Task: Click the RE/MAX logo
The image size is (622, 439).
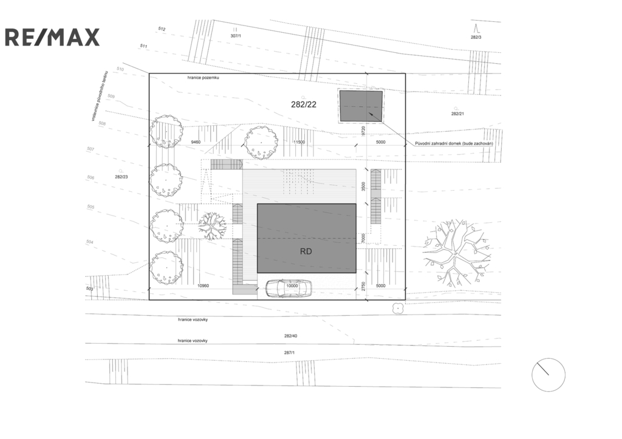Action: [x=52, y=37]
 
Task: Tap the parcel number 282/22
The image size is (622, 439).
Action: [x=304, y=104]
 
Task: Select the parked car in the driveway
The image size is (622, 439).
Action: [x=289, y=288]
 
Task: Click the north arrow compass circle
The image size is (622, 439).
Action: [x=548, y=375]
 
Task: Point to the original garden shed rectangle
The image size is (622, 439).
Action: [x=361, y=106]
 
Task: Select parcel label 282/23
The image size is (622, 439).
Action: [x=121, y=177]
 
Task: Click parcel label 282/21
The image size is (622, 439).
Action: [x=457, y=114]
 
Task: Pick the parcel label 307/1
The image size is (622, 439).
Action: [x=236, y=36]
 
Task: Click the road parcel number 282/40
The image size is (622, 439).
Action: [x=290, y=336]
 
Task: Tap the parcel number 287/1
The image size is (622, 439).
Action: [x=289, y=353]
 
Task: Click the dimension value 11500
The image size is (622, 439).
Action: [x=298, y=142]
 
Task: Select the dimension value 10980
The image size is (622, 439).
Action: [x=203, y=285]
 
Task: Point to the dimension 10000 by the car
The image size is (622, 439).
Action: [x=292, y=285]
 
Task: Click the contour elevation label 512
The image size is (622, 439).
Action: [x=162, y=29]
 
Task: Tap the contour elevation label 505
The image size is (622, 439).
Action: [x=91, y=207]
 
